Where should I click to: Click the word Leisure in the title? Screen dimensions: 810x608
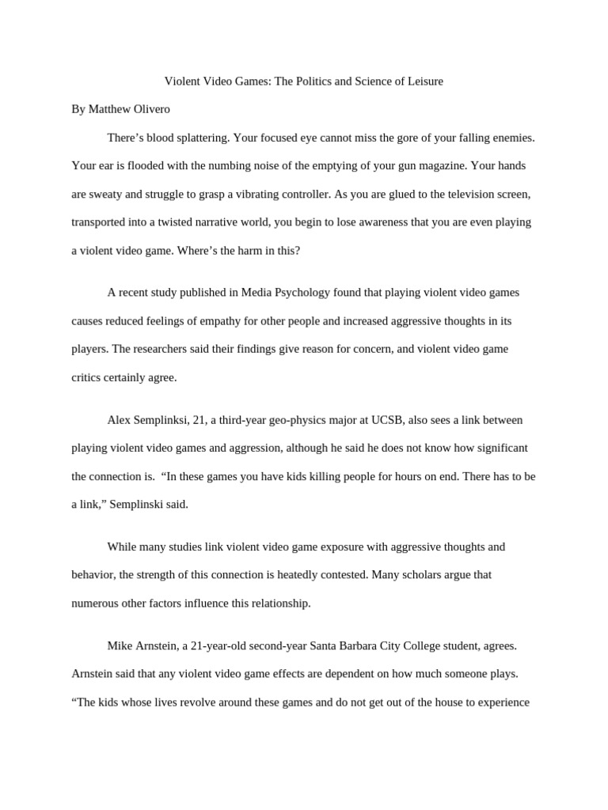tap(424, 81)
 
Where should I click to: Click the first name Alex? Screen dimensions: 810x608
tap(120, 420)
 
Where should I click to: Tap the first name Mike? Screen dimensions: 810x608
tap(120, 645)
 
